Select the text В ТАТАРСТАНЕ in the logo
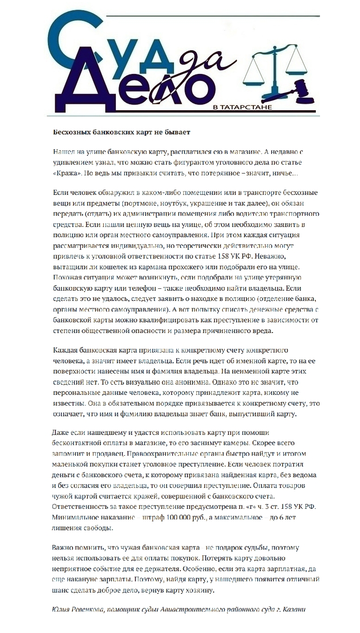coord(242,107)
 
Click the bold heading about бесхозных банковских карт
coord(121,132)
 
